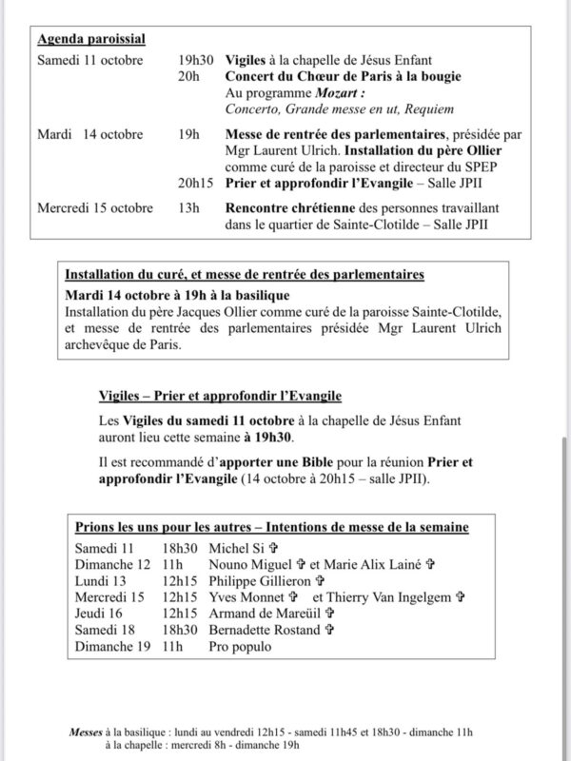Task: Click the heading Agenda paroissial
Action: pyautogui.click(x=91, y=40)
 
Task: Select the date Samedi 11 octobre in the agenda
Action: pyautogui.click(x=89, y=60)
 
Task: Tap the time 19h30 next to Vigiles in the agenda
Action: pyautogui.click(x=197, y=60)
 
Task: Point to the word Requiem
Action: pyautogui.click(x=429, y=109)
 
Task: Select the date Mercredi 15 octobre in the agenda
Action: pyautogui.click(x=95, y=208)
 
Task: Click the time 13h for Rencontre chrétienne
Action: pyautogui.click(x=188, y=208)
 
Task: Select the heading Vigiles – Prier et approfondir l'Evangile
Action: pyautogui.click(x=220, y=396)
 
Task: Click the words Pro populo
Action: pyautogui.click(x=241, y=647)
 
